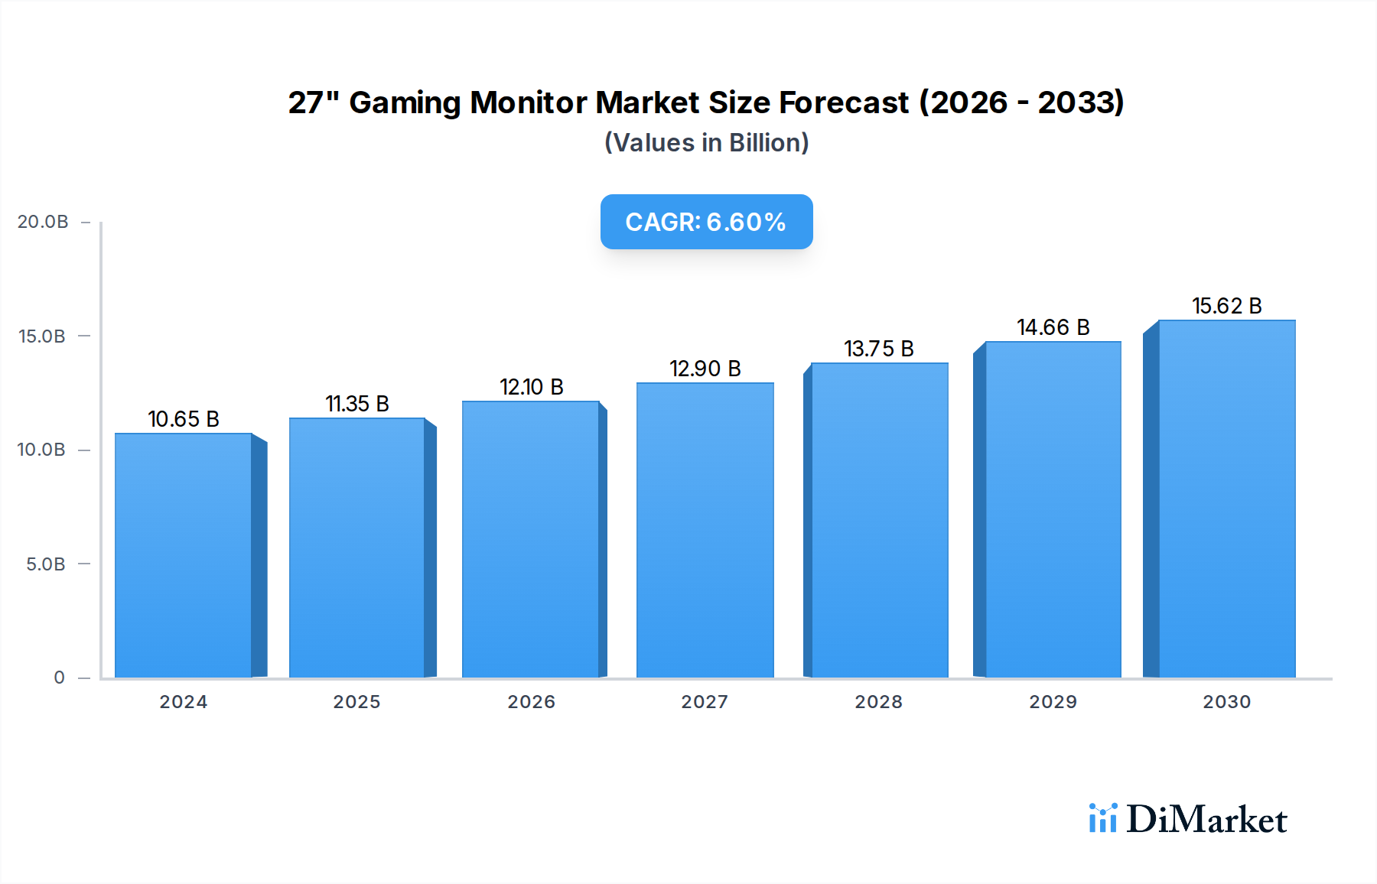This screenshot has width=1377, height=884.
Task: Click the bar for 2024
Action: point(184,556)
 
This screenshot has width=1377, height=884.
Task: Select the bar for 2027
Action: point(705,531)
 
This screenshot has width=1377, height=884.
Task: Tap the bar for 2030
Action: point(1226,499)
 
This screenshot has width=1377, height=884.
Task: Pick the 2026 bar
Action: point(530,540)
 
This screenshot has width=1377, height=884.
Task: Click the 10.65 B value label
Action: point(184,419)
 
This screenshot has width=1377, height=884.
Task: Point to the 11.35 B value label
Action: point(357,404)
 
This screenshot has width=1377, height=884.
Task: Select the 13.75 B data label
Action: point(879,349)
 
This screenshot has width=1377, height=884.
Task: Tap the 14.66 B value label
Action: point(1053,327)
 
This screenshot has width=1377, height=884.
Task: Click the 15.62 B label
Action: point(1226,306)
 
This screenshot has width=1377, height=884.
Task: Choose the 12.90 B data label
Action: point(705,369)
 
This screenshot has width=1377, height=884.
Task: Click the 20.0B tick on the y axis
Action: point(43,222)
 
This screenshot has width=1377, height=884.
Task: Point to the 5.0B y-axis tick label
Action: point(46,564)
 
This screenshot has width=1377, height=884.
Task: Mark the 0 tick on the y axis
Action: point(59,678)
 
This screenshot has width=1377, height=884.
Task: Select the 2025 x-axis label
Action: point(356,702)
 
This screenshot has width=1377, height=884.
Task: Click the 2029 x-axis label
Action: point(1053,702)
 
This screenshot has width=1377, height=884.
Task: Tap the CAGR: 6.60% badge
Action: point(706,222)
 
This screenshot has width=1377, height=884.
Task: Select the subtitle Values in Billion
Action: point(706,143)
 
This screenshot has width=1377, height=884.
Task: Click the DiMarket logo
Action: point(1188,819)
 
